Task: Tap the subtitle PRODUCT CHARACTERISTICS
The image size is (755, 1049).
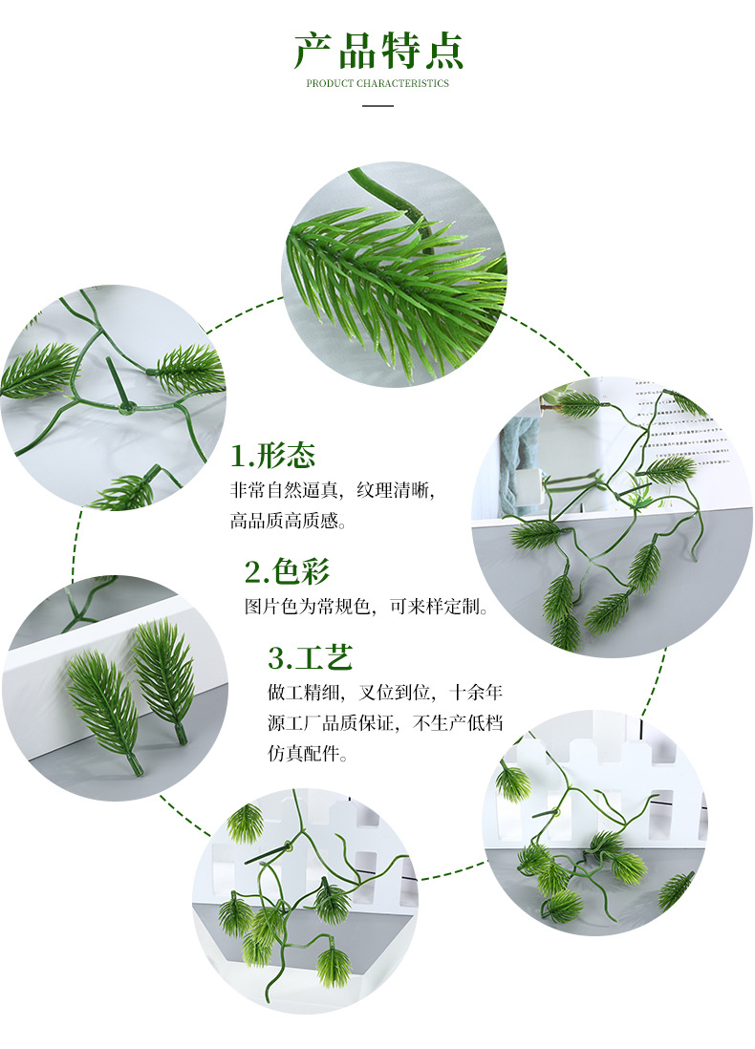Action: click(x=377, y=84)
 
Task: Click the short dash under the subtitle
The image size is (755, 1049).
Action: click(x=377, y=104)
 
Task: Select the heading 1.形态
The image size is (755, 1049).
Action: click(x=273, y=455)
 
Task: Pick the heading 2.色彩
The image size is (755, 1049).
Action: click(x=287, y=571)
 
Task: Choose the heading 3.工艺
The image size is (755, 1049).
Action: click(x=311, y=657)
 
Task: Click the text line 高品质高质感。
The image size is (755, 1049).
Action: click(x=288, y=522)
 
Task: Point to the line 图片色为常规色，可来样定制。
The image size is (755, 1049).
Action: click(x=367, y=607)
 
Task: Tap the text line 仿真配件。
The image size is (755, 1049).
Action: click(x=309, y=754)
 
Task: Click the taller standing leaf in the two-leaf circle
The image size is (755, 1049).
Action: click(x=164, y=674)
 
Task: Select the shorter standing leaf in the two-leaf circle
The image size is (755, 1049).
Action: click(x=103, y=702)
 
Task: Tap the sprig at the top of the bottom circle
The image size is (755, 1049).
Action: click(x=246, y=822)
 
